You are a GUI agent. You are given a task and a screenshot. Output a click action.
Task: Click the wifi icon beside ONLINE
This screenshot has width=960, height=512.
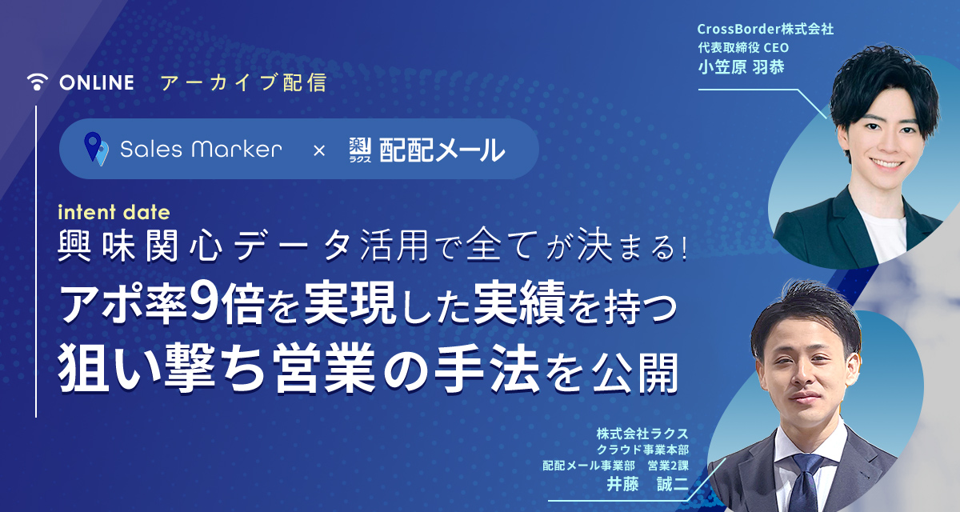[38, 82]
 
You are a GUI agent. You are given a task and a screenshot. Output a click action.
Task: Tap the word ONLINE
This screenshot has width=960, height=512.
[97, 82]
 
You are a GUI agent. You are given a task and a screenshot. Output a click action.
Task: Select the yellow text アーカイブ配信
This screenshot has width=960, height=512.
[243, 82]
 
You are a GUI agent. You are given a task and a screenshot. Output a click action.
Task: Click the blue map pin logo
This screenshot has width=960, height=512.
[95, 149]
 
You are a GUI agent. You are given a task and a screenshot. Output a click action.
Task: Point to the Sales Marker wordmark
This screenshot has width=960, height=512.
[201, 150]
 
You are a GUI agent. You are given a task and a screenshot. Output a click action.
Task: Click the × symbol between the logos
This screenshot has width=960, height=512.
[319, 151]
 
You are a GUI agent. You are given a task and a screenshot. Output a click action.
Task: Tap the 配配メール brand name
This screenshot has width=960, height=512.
[442, 150]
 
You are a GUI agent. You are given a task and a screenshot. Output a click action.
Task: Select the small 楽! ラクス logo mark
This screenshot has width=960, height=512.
[360, 150]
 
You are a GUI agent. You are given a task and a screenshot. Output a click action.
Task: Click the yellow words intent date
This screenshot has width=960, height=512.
[114, 213]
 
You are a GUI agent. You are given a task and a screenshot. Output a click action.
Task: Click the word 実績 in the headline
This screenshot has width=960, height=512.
[519, 304]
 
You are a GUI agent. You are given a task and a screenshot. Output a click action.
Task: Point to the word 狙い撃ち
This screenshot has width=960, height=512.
[162, 370]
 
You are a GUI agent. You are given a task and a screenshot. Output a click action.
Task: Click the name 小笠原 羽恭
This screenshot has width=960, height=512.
[741, 67]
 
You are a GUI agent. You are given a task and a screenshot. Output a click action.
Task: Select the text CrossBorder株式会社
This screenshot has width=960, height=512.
[766, 29]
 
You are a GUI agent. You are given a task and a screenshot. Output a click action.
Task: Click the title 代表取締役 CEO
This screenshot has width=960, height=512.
[743, 47]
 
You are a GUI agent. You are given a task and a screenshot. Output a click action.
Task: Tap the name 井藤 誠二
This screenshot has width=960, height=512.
[647, 484]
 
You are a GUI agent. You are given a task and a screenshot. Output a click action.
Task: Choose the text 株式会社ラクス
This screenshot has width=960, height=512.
[642, 434]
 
